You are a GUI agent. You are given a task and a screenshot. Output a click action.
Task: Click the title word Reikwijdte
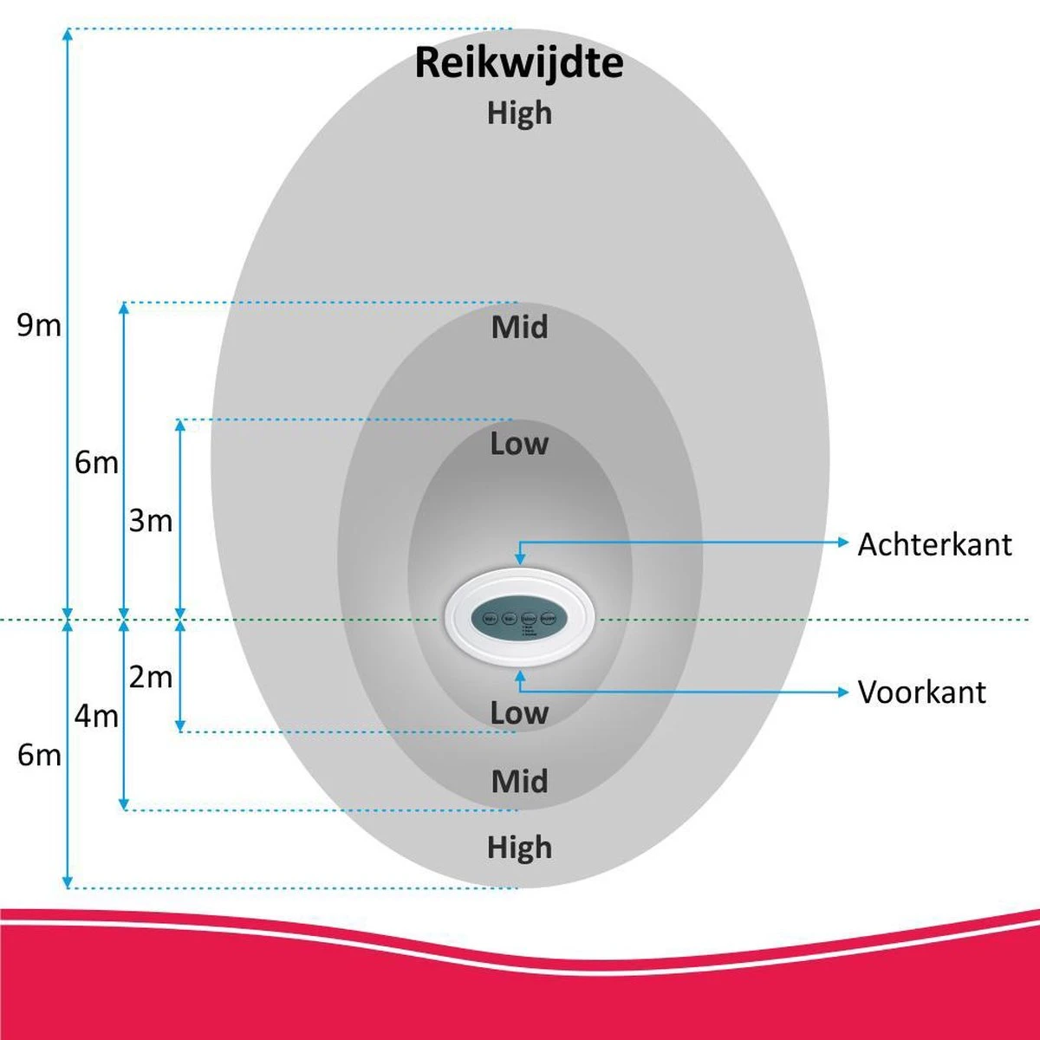point(518,64)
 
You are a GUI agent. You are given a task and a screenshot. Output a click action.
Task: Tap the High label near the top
point(519,114)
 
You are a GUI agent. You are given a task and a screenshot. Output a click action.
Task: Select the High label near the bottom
point(519,847)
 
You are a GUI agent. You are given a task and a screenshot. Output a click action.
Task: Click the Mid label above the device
point(519,328)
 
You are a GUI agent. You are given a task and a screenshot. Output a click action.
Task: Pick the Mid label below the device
point(519,782)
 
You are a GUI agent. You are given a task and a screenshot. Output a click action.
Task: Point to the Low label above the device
point(519,444)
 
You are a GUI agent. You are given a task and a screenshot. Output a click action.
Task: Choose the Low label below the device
point(519,713)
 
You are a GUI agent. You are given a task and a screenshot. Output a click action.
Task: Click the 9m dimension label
point(39,326)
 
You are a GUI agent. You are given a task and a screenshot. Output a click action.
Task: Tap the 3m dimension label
point(151,521)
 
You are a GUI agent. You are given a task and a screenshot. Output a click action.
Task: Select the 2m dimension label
point(151,677)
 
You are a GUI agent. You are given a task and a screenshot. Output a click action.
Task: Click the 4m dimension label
point(95,717)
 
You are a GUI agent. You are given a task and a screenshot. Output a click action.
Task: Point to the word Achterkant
point(934,545)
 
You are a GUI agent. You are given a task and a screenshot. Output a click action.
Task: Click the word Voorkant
point(921,692)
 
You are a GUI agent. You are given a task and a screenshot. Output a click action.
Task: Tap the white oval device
point(520,618)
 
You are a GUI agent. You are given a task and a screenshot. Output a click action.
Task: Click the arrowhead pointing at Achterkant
point(843,543)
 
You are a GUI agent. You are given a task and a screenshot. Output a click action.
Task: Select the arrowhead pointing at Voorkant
point(843,692)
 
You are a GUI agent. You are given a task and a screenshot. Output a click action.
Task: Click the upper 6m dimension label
point(95,463)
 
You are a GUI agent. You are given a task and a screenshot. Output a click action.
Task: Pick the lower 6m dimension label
point(39,755)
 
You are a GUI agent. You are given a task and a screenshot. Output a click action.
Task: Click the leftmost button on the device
point(489,619)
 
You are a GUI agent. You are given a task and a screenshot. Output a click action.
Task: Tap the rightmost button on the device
point(549,619)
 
